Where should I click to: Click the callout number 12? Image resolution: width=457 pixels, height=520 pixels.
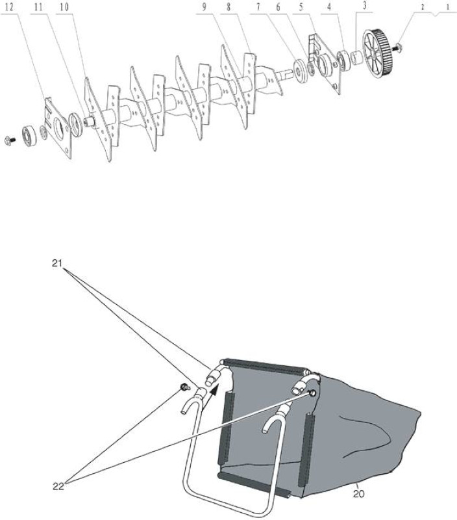point(10,7)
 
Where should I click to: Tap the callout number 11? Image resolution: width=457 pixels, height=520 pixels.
point(39,7)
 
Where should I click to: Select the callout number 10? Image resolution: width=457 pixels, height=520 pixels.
point(64,7)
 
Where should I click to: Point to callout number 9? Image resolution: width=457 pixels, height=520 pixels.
point(204,7)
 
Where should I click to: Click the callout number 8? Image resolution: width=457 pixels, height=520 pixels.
point(228,7)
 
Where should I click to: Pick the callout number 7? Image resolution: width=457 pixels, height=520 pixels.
point(258,7)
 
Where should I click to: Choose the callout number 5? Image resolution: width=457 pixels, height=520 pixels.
point(301,7)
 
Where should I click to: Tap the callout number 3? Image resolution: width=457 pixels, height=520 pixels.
point(365,6)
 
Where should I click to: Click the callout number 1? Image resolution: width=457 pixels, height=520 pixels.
point(448,7)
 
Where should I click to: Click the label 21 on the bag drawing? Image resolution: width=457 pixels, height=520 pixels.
point(57,263)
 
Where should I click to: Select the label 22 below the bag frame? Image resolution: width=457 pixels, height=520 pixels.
point(58,486)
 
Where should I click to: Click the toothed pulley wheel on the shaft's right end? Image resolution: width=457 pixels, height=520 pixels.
point(378,54)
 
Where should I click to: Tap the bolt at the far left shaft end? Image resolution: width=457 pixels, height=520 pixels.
point(10,140)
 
